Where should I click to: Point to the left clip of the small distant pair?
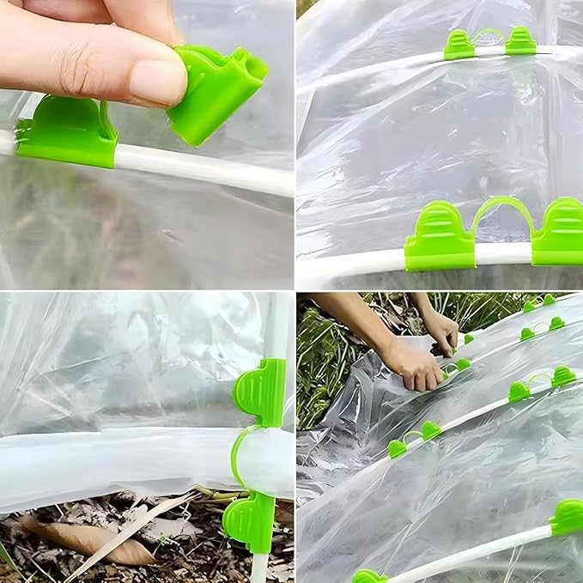tap(459, 45)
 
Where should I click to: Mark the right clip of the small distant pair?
tap(520, 40)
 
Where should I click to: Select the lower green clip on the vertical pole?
tap(251, 522)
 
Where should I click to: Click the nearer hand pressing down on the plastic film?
tap(413, 366)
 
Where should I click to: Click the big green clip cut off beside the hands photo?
tap(567, 517)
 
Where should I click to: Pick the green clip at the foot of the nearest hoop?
tap(369, 576)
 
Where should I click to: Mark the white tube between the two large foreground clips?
tap(503, 253)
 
